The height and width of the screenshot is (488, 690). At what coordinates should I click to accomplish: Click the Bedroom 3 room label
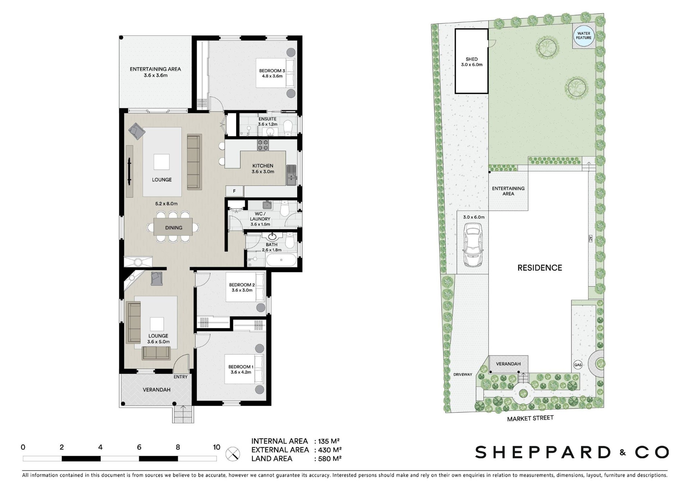[272, 73]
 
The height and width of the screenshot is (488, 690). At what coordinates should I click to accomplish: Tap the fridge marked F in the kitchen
[234, 191]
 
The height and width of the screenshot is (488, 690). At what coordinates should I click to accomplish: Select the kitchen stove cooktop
[263, 145]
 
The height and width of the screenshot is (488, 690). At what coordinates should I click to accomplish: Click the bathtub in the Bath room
[281, 259]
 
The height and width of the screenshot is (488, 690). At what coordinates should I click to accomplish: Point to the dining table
[173, 227]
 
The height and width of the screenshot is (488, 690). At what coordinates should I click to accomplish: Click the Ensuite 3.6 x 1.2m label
[267, 122]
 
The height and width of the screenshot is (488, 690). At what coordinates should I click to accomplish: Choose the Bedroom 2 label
[242, 288]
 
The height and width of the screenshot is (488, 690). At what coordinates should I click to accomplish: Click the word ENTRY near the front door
[180, 377]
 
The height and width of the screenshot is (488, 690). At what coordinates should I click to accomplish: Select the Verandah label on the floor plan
[156, 390]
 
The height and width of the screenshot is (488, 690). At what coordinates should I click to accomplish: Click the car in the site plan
[473, 245]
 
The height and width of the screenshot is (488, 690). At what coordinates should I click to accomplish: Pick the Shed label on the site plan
[471, 62]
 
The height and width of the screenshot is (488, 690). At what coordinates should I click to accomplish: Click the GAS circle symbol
[578, 365]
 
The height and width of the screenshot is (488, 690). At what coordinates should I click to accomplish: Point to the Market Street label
[530, 419]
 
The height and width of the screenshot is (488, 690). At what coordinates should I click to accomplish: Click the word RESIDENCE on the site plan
[539, 268]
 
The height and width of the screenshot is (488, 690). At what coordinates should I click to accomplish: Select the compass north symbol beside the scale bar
[233, 453]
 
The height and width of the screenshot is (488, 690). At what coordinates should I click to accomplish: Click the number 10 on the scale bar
[216, 447]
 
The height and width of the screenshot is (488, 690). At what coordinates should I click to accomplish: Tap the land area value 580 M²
[327, 458]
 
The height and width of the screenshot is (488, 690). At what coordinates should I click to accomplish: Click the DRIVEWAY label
[463, 375]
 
